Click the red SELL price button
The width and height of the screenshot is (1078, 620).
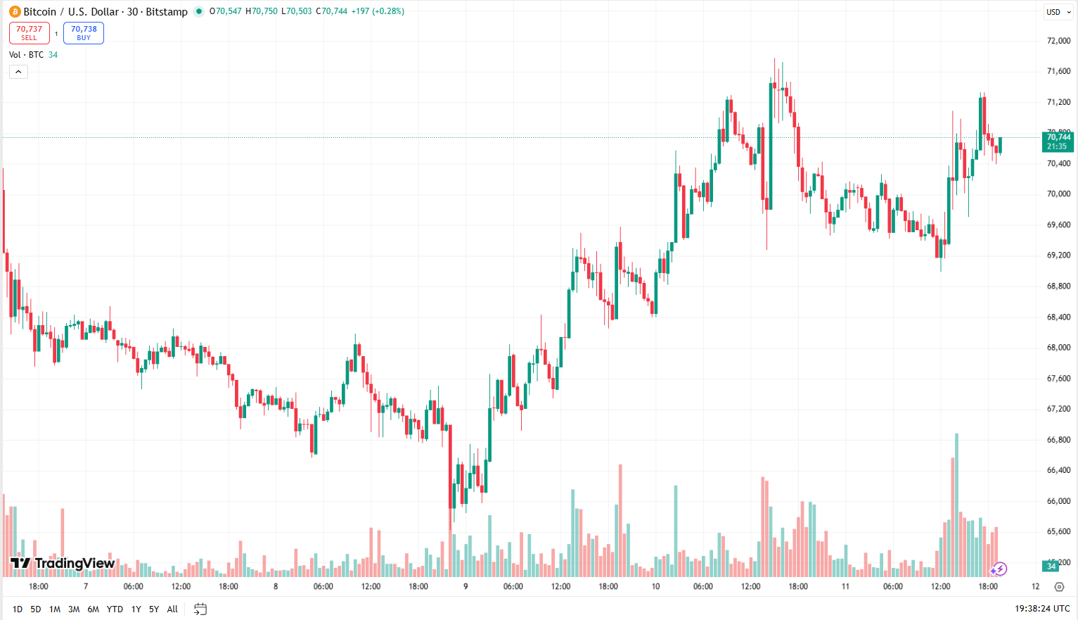[30, 33]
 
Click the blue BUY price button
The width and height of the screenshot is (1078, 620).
[84, 33]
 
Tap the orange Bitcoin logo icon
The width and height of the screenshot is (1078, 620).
[15, 11]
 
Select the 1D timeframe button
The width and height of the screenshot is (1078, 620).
[18, 609]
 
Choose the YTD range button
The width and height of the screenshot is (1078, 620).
[115, 609]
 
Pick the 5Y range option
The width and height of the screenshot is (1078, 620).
[154, 609]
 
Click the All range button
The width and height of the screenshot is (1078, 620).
[172, 609]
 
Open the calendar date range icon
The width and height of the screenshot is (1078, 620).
[200, 609]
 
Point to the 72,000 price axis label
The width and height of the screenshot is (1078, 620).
[1058, 41]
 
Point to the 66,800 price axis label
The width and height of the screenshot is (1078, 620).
[1058, 440]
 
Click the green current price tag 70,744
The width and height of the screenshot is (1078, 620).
[1058, 141]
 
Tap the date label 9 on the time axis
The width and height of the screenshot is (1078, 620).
[466, 586]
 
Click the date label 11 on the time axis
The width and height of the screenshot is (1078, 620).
[845, 586]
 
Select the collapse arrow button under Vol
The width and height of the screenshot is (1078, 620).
[18, 72]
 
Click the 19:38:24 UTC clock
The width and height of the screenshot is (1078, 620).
[1042, 609]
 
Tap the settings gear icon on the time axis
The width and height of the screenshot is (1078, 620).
[1059, 587]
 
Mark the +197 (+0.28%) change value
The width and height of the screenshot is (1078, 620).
[378, 11]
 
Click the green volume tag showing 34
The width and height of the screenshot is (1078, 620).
[1051, 567]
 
